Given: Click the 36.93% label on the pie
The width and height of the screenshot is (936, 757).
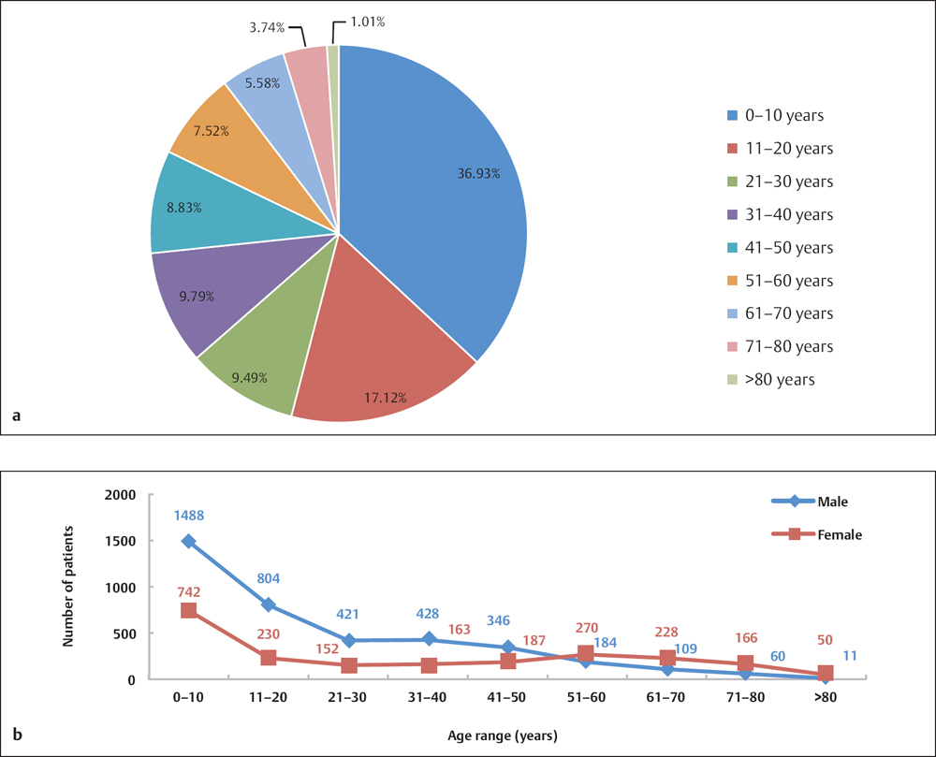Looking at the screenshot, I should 478,174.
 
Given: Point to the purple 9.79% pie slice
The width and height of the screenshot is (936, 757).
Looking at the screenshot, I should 201,295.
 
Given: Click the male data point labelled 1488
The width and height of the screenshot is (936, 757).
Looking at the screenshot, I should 188,542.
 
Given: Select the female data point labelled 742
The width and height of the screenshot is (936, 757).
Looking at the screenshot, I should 188,610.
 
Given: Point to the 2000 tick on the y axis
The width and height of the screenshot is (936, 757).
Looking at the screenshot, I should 121,495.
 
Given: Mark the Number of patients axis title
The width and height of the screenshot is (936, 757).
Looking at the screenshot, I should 68,588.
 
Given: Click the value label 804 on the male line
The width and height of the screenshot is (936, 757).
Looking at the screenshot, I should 269,579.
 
